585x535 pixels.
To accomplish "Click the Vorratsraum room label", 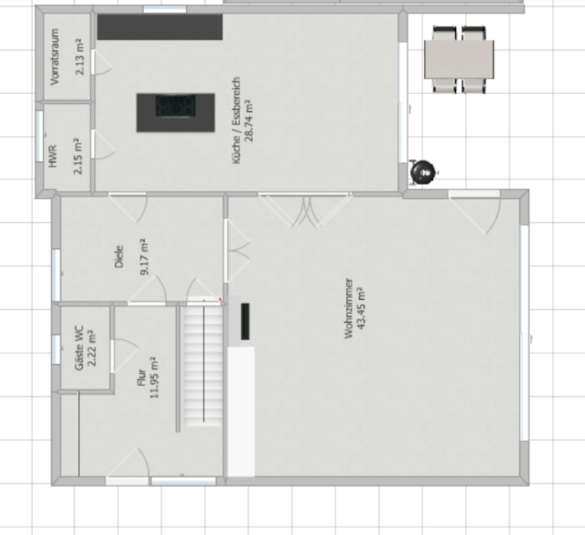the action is (x=55, y=57).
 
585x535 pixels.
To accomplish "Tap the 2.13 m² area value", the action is (x=80, y=57).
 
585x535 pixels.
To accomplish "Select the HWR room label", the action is (x=53, y=156).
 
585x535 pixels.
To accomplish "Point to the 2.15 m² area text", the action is (x=78, y=156).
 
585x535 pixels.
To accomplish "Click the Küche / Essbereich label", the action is (x=236, y=120).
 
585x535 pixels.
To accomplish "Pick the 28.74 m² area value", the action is (x=249, y=120).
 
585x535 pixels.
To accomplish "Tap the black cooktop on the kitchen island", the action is (x=175, y=106).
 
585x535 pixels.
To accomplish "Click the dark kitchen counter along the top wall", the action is (x=160, y=27).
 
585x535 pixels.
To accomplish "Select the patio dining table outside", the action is (x=460, y=59).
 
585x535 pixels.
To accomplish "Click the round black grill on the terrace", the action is (x=423, y=172).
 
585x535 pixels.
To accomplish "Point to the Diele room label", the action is (x=119, y=256).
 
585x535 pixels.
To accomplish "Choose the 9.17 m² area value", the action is (x=145, y=256).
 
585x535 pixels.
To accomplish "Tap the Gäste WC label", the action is (x=79, y=348).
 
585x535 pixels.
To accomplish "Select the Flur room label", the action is (x=141, y=378).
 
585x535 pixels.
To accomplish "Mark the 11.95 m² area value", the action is (x=154, y=378).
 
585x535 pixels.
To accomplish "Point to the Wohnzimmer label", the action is (x=348, y=308).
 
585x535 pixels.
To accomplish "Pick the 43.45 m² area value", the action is (x=361, y=308).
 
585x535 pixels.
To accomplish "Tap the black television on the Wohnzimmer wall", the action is (x=245, y=321).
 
